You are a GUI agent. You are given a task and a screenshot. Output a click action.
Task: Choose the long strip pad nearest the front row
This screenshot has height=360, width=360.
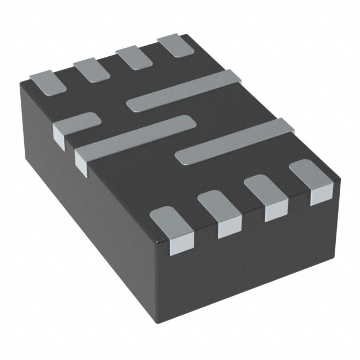pyautogui.click(x=236, y=141)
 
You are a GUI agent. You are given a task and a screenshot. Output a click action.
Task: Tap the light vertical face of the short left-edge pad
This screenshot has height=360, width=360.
pyautogui.click(x=60, y=133)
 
